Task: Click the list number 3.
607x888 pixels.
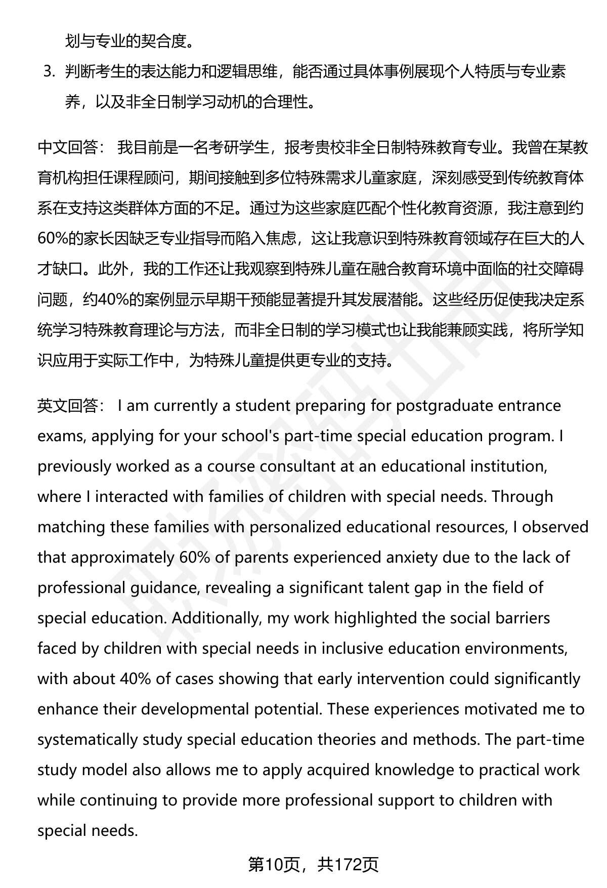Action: coord(49,72)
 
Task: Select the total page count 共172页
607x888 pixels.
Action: coord(349,865)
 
